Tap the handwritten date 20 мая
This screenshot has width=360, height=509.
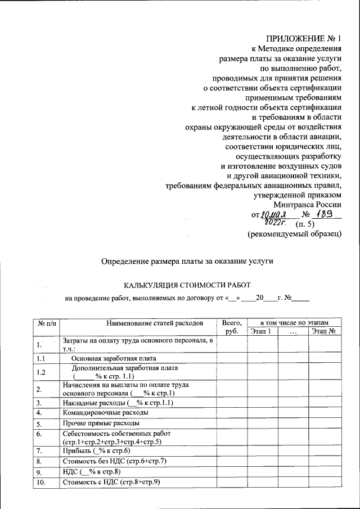pyautogui.click(x=274, y=215)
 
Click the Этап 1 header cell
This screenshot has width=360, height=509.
pyautogui.click(x=260, y=332)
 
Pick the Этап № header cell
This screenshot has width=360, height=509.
pyautogui.click(x=324, y=332)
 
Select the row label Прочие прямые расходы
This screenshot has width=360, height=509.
pyautogui.click(x=101, y=424)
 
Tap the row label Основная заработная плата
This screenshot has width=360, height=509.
pyautogui.click(x=113, y=358)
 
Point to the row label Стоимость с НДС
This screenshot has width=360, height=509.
pyautogui.click(x=111, y=482)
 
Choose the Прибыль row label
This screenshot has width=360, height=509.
pyautogui.click(x=96, y=451)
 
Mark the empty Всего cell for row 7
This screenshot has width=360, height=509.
pyautogui.click(x=232, y=451)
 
